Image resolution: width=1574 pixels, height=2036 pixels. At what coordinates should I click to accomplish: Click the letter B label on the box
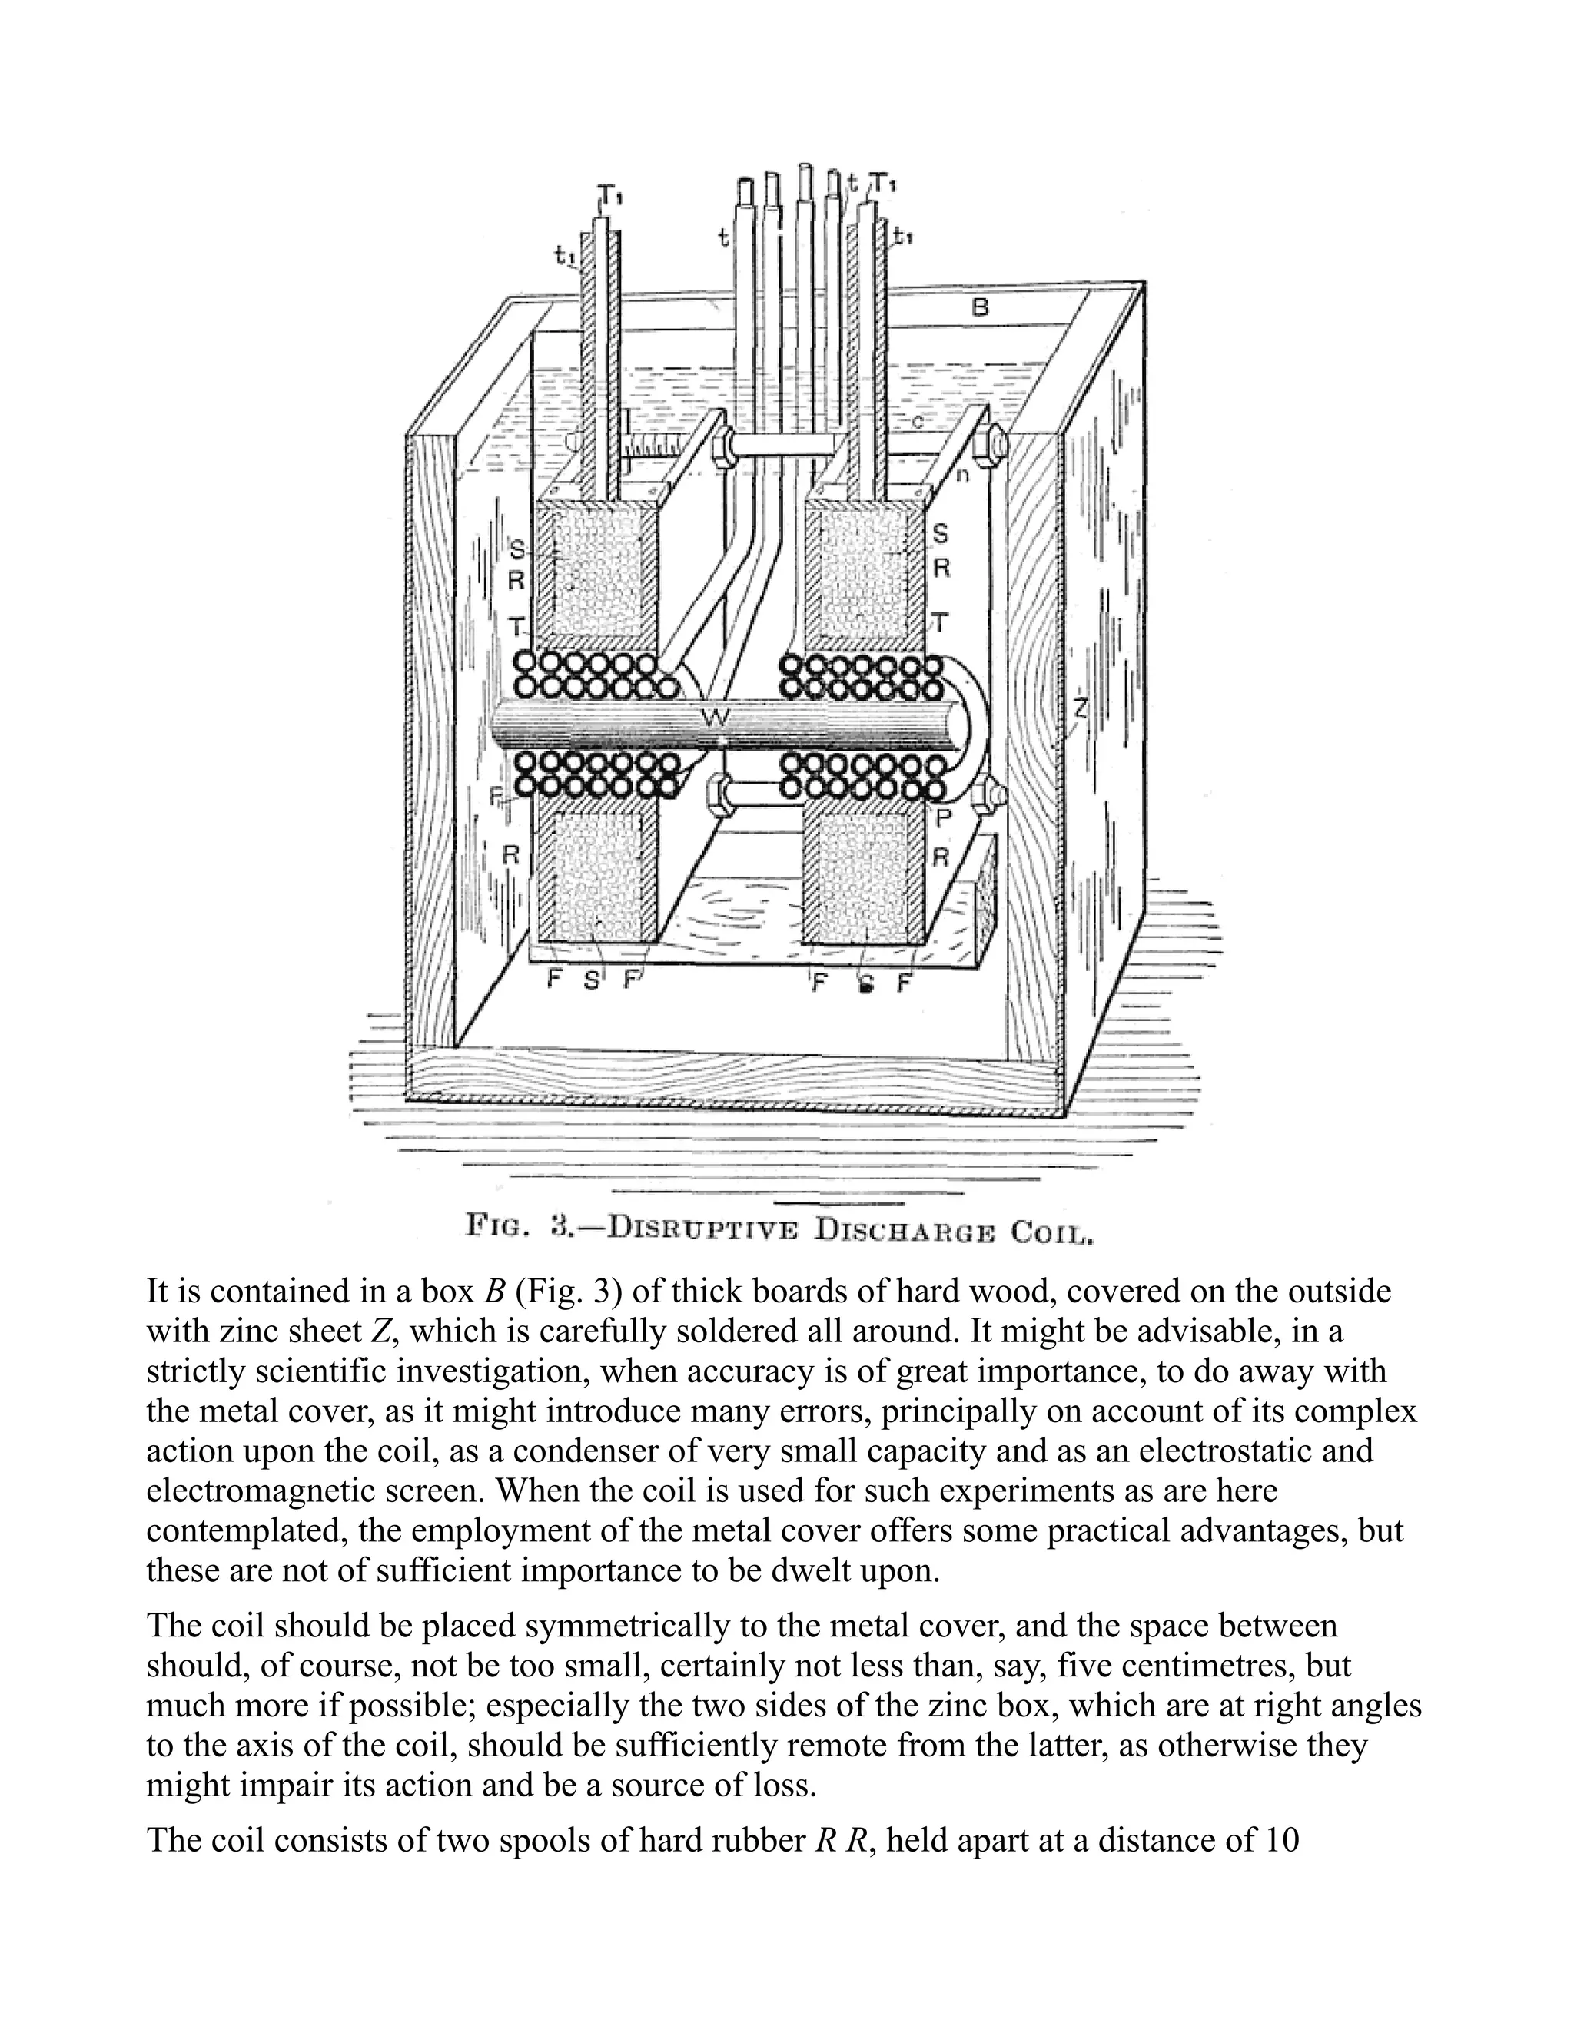pyautogui.click(x=979, y=307)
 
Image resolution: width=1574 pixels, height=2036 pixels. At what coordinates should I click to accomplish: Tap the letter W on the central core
pyautogui.click(x=716, y=716)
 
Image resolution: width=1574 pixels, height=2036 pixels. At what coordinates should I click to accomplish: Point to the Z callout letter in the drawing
pyautogui.click(x=1080, y=708)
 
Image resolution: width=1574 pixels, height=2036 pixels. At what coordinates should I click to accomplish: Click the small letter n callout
pyautogui.click(x=963, y=473)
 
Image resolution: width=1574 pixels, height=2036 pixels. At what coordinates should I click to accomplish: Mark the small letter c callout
pyautogui.click(x=918, y=423)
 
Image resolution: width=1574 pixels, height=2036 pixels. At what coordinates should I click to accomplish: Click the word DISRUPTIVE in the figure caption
pyautogui.click(x=704, y=1227)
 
